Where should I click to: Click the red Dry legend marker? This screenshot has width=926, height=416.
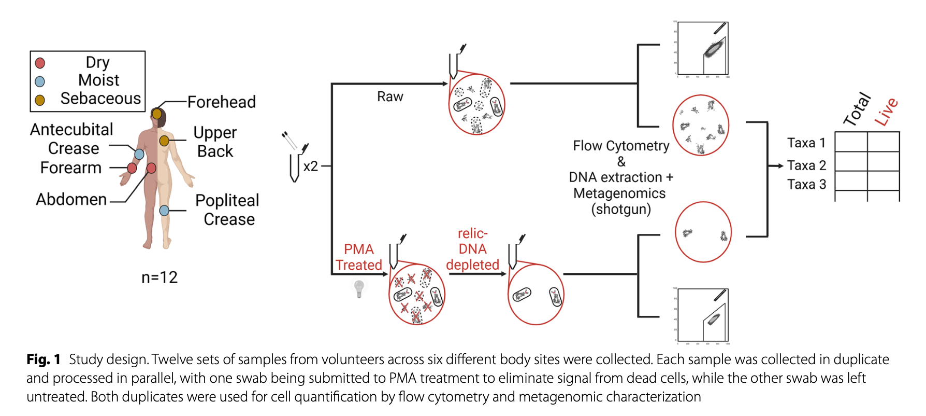[40, 63]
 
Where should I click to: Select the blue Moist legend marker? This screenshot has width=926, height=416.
[40, 81]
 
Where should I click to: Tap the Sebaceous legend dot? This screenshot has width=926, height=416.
[40, 100]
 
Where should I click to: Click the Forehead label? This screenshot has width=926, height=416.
[221, 102]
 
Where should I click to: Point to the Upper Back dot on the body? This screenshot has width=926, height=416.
[164, 141]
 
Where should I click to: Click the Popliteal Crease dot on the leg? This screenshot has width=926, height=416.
[164, 211]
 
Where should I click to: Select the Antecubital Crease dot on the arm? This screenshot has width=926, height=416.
[139, 154]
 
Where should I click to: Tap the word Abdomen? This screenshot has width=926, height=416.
[71, 200]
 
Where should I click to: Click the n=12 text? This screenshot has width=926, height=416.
[160, 278]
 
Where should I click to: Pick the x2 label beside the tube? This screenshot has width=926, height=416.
[311, 167]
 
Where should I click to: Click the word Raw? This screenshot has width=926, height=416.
[390, 97]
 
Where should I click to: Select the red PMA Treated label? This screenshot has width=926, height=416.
[358, 257]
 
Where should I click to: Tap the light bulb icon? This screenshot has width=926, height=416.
[359, 288]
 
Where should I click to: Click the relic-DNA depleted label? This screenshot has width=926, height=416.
[472, 249]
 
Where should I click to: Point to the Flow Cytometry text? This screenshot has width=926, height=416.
[621, 146]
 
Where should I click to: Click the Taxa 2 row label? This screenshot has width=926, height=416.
[806, 165]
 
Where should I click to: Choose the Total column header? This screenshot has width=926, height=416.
[857, 109]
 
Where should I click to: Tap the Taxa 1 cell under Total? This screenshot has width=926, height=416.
[851, 142]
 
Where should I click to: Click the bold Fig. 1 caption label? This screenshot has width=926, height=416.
[44, 359]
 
